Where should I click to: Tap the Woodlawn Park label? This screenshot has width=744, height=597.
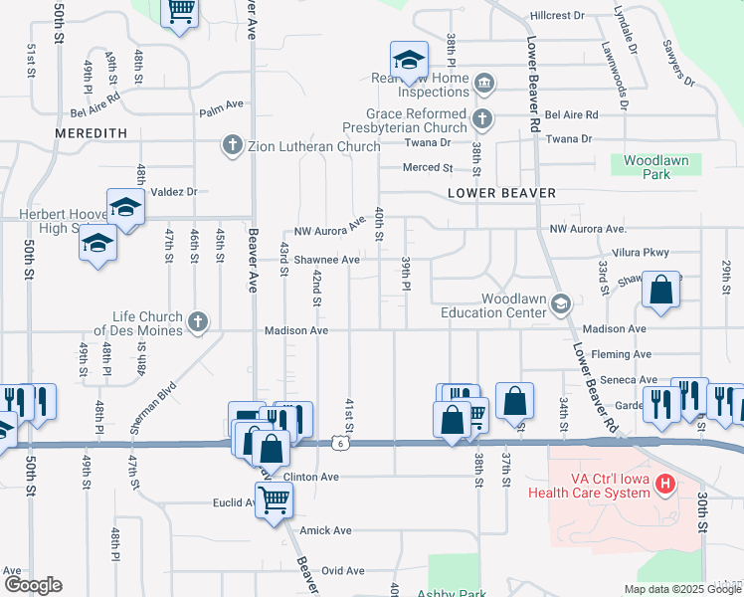pyautogui.click(x=661, y=167)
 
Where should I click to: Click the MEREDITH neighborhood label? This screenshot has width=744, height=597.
pyautogui.click(x=92, y=132)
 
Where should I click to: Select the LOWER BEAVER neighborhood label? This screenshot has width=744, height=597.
pyautogui.click(x=501, y=192)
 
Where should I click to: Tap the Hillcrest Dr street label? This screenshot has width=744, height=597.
pyautogui.click(x=557, y=16)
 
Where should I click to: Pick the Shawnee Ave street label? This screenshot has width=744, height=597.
pyautogui.click(x=326, y=260)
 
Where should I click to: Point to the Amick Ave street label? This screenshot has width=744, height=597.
pyautogui.click(x=326, y=531)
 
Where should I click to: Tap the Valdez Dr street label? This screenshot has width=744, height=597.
pyautogui.click(x=175, y=192)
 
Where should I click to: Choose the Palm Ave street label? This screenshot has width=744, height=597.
pyautogui.click(x=222, y=103)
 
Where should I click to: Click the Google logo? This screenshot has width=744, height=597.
pyautogui.click(x=33, y=585)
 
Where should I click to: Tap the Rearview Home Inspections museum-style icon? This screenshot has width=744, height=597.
pyautogui.click(x=485, y=83)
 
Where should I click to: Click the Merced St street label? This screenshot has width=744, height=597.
pyautogui.click(x=428, y=168)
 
